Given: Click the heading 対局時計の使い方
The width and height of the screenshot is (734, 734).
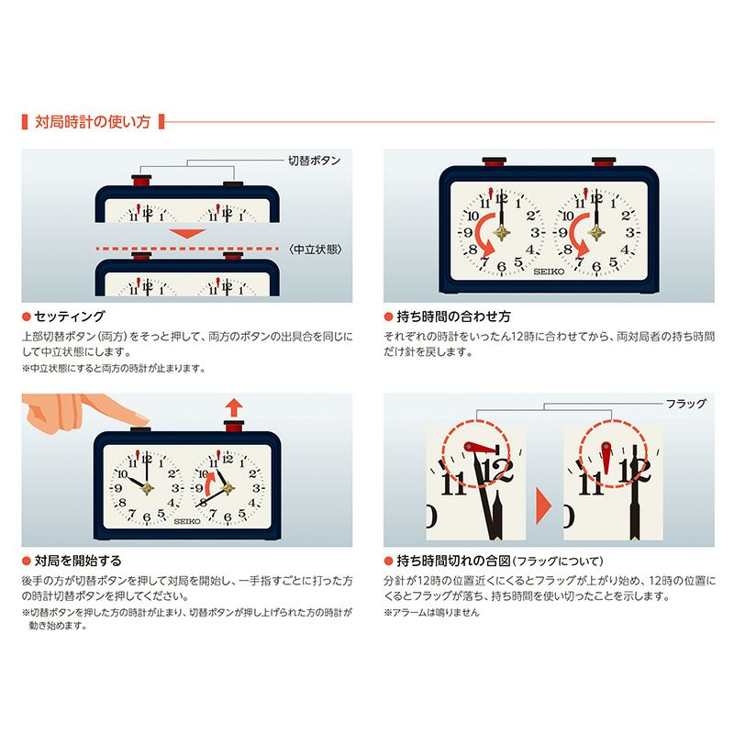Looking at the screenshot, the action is tap(93, 122).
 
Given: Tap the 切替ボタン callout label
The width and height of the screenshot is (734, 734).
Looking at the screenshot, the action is tap(314, 161).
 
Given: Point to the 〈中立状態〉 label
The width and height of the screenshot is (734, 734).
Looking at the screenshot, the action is tap(316, 250).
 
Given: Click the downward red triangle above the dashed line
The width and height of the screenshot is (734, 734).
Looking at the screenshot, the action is tap(187, 234).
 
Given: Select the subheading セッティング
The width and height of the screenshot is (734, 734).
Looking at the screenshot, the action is tap(70, 317).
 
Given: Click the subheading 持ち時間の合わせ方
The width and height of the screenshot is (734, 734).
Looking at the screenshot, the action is tap(453, 317).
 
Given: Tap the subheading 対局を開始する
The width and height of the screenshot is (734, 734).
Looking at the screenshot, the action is tap(78, 561).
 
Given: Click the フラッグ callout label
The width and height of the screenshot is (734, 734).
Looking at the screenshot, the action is tap(686, 403).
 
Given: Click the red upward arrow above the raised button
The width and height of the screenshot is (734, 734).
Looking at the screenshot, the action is tap(234, 407).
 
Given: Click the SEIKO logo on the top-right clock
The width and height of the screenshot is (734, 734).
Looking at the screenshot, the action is tap(549, 272).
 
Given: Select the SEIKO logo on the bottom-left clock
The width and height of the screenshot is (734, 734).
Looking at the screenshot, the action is tap(187, 521).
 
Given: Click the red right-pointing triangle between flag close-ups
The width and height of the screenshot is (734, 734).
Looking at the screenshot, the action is tap(543, 506).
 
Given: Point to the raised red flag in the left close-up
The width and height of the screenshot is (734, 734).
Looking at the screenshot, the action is tap(479, 449).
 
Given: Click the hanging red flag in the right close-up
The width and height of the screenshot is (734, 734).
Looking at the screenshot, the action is tap(606, 457).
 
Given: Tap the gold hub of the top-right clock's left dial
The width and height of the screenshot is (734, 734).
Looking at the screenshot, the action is tap(501, 232).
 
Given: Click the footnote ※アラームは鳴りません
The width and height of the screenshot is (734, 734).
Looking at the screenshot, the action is tap(431, 612).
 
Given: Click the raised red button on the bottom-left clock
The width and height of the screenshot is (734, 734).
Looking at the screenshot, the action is tap(234, 426).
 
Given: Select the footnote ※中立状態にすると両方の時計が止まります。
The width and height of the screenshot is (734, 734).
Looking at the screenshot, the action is tap(114, 369).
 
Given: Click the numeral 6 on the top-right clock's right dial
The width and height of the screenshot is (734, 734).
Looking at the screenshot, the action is tap(595, 266).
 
